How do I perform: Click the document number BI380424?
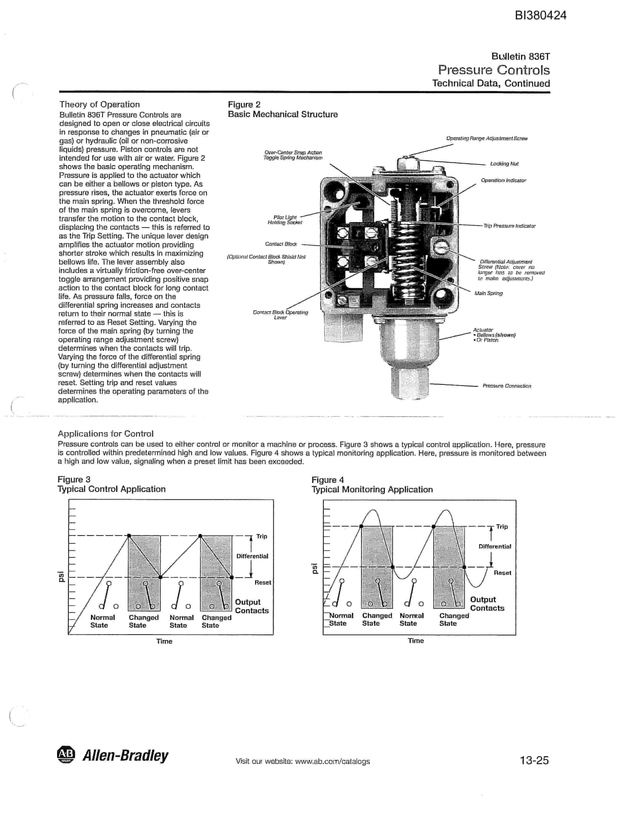coord(541,15)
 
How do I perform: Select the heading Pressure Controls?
coord(494,70)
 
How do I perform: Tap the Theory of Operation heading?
coord(100,104)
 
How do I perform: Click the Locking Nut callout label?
coord(504,164)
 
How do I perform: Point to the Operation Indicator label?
coord(503,180)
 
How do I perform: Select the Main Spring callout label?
coord(488,293)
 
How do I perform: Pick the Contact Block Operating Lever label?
coord(281,315)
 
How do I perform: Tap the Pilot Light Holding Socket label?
coord(285,220)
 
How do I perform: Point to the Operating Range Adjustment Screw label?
coord(487,139)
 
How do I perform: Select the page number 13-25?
coord(534,760)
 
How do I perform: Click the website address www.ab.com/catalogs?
coord(332,762)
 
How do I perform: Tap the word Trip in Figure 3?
coord(262,536)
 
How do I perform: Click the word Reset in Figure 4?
coord(502,573)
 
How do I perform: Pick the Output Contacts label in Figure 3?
coord(252,606)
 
